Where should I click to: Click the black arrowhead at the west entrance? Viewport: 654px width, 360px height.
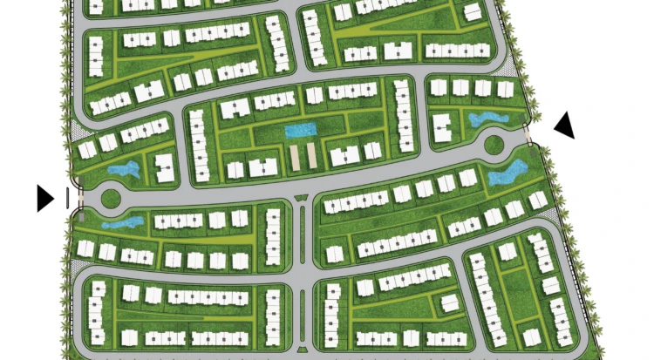44,198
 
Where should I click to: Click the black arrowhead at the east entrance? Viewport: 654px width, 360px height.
565,126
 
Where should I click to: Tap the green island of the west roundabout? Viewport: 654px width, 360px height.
111,198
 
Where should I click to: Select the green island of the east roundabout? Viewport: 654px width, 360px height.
494,143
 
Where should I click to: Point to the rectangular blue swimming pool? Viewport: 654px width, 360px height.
300,131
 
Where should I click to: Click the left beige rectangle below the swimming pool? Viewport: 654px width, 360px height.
294,157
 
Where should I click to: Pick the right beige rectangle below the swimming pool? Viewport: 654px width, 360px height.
310,157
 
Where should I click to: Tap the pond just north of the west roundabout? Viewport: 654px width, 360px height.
122,170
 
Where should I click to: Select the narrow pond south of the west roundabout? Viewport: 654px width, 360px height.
121,222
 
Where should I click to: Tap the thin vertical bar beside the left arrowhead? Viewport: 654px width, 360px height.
67,198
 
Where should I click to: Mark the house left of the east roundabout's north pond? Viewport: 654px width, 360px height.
442,127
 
